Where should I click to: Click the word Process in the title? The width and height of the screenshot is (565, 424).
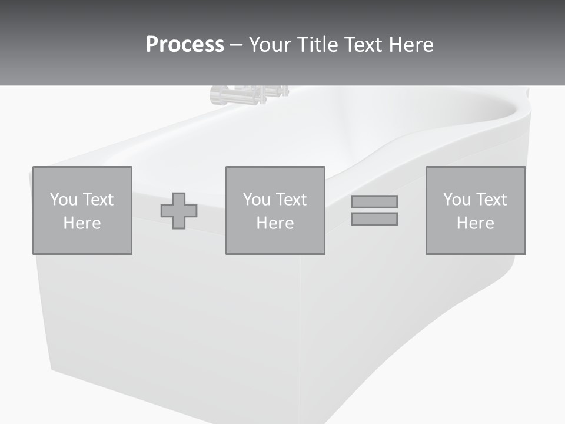pos(185,45)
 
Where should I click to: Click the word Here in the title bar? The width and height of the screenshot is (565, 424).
pos(411,45)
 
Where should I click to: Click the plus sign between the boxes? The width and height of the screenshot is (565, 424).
pos(179,210)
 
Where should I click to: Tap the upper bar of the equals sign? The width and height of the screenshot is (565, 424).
pos(374,201)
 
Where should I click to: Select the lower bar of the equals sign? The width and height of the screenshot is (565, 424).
pos(374,218)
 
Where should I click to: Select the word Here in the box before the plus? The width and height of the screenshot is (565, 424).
pos(82,223)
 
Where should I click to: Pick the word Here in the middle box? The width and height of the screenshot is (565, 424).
pos(275,223)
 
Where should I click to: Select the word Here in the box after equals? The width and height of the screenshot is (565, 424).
pos(475,223)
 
